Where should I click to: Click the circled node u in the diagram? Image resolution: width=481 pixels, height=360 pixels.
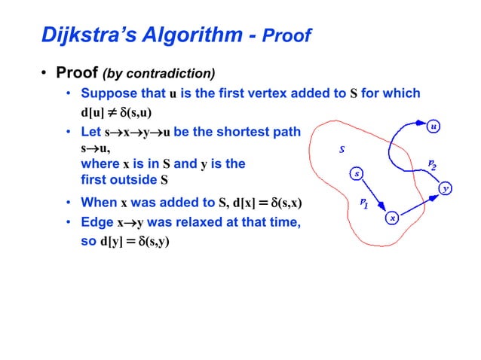coord(434,127)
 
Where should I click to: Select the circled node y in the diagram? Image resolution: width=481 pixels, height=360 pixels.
coord(446,188)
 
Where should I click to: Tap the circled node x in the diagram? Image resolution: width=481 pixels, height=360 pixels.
coord(391,218)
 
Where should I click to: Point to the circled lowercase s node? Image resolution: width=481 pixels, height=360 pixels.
coord(357,175)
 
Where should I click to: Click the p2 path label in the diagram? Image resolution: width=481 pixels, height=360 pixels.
coord(431,164)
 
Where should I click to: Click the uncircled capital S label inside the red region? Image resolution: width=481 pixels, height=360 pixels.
coord(342,149)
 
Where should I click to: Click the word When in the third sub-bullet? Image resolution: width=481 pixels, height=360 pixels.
coord(98,202)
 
